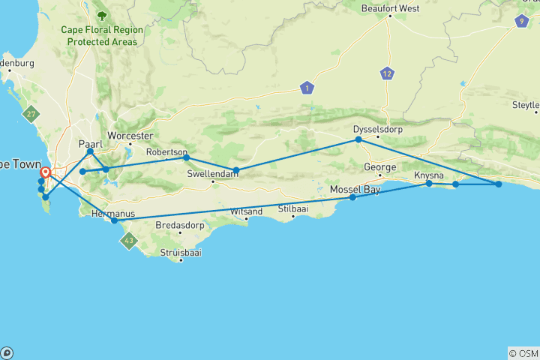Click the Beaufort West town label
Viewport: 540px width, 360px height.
tap(389, 8)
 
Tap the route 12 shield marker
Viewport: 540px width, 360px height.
tap(387, 73)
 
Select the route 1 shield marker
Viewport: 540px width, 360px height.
tap(306, 88)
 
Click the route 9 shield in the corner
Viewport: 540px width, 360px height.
tap(521, 21)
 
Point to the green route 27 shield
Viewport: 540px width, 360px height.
tap(30, 115)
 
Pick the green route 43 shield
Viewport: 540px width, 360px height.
tap(129, 241)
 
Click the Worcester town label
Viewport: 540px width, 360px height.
tap(130, 136)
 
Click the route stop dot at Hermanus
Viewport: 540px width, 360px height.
tap(114, 220)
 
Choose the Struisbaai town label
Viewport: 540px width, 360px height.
tap(180, 252)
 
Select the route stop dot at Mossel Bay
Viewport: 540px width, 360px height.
tap(352, 197)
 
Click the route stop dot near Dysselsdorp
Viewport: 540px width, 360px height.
tap(358, 139)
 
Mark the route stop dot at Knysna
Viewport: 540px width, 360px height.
tap(429, 183)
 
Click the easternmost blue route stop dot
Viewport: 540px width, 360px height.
tap(499, 184)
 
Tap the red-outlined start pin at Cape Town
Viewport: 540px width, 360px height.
tap(46, 172)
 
